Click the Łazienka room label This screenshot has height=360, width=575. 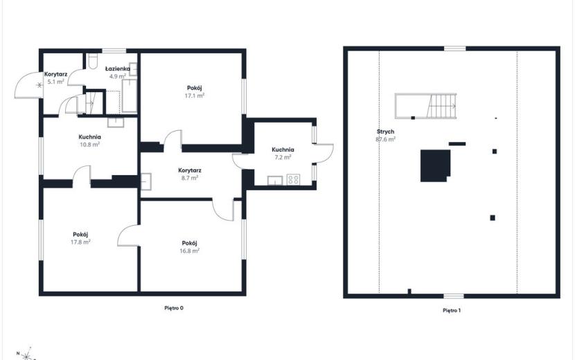click(117, 69)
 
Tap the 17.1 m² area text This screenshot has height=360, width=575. click(195, 96)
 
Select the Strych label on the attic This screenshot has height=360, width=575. click(385, 132)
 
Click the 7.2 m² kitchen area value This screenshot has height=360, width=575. click(283, 157)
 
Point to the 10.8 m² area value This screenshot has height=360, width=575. click(90, 145)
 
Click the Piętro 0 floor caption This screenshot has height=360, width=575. click(174, 308)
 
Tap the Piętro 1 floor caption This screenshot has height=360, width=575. click(452, 311)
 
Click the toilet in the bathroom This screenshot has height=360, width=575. click(92, 61)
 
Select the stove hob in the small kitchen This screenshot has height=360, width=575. click(293, 179)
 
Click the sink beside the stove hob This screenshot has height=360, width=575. click(274, 181)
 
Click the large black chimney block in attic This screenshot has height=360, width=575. click(435, 165)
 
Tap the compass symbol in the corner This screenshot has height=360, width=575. click(26, 355)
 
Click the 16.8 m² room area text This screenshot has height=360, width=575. click(190, 251)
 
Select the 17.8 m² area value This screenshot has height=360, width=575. click(80, 242)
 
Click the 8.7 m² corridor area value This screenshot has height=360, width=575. click(190, 178)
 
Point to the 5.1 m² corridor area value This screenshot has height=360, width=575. click(55, 82)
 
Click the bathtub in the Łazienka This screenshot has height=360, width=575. click(130, 96)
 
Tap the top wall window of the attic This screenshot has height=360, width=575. click(455, 48)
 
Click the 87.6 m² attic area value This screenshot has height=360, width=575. click(385, 139)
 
